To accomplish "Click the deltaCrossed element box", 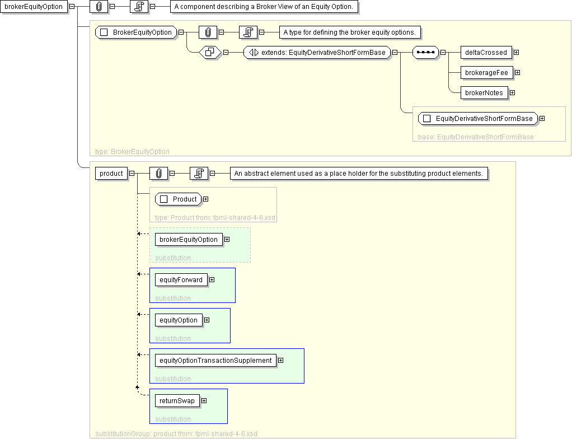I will [486, 53].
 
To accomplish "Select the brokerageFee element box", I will [486, 73].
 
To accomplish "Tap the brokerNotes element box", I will [484, 93].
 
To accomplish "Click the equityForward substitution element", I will [181, 280].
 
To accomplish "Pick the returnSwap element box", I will [177, 401].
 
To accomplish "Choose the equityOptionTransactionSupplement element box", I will [215, 361].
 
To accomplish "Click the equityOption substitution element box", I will [179, 320].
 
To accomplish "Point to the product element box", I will [111, 174].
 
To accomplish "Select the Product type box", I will [179, 199].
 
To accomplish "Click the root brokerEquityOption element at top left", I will [34, 7].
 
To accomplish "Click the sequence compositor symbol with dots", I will [425, 53].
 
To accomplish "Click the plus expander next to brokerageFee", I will [518, 73].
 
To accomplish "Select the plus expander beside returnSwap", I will [204, 401].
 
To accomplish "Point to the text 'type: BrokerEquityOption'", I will [132, 152].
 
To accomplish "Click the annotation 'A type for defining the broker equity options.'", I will [349, 32].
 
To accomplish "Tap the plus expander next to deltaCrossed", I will [516, 53].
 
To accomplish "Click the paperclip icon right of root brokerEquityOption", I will [99, 7].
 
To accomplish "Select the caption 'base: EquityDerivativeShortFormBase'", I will [476, 137].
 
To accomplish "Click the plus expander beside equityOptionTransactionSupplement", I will [280, 361].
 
